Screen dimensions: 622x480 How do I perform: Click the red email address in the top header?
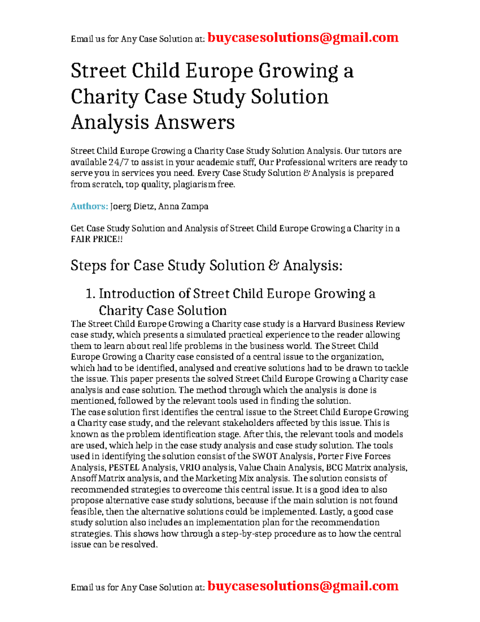(x=303, y=38)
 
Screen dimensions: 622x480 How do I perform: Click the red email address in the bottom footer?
(x=303, y=586)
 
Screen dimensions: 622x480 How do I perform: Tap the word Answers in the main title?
(x=195, y=122)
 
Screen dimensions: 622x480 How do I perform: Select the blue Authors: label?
(x=89, y=206)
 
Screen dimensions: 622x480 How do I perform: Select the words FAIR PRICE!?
(x=97, y=239)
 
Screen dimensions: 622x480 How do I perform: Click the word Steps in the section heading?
(x=88, y=266)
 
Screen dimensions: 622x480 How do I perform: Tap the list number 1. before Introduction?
(x=90, y=294)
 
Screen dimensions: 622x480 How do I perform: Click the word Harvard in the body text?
(x=319, y=324)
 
